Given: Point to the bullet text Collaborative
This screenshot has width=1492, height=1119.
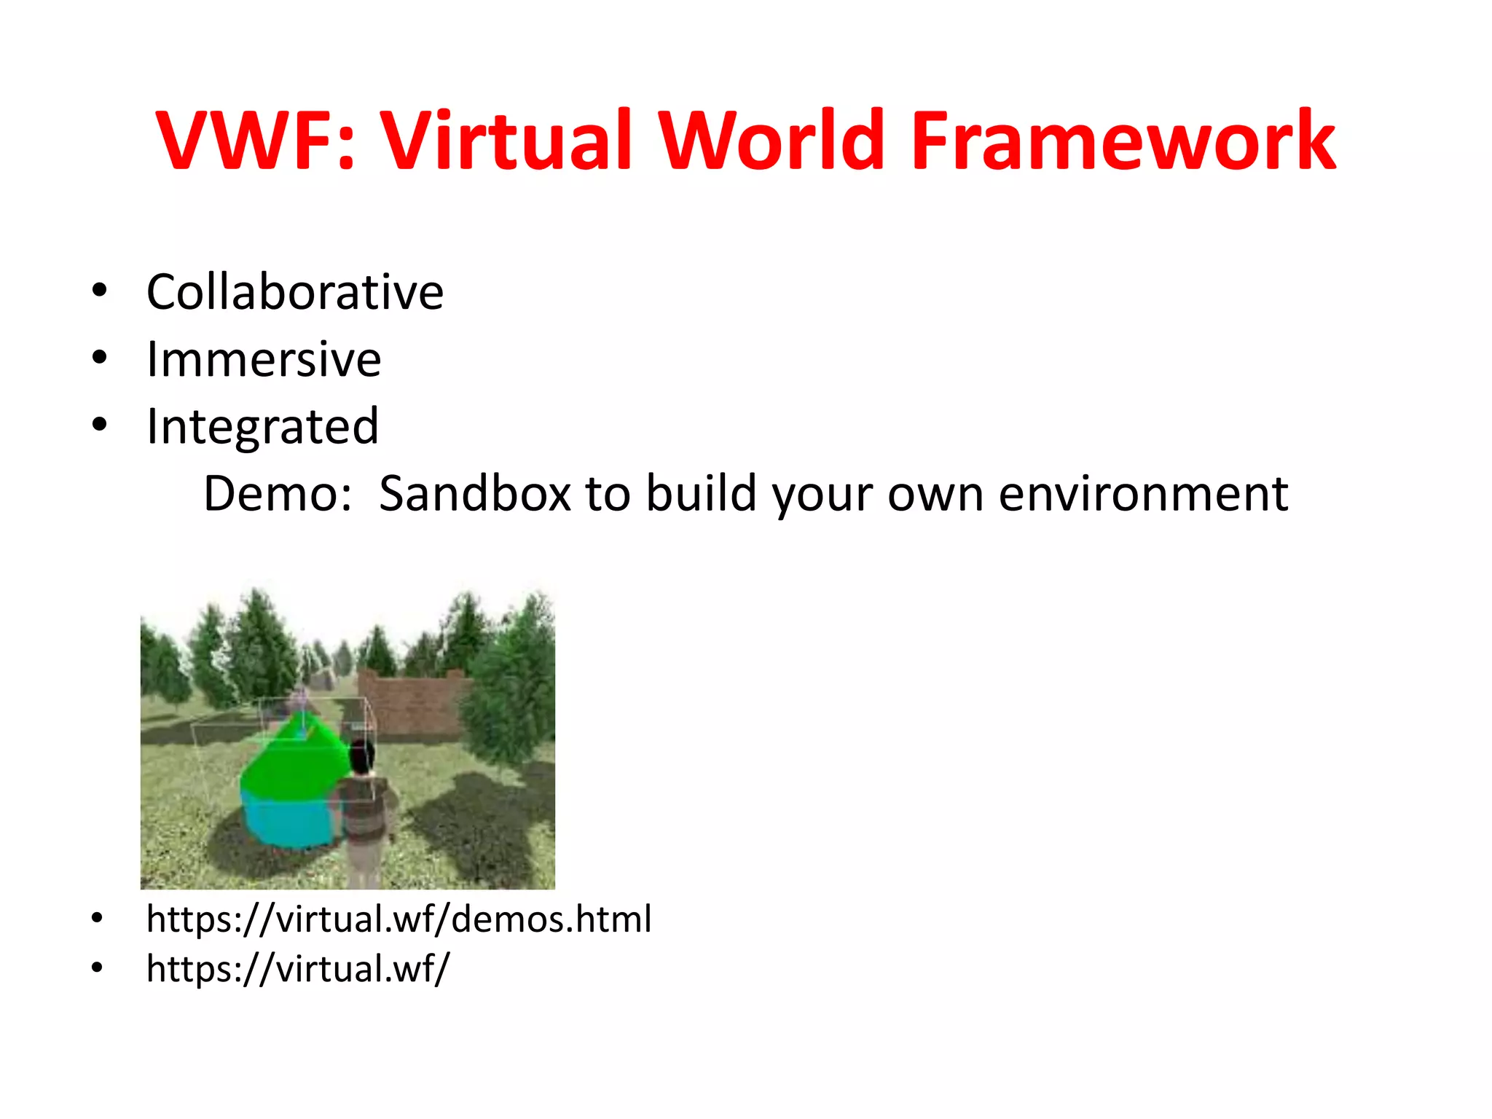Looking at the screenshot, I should [x=295, y=292].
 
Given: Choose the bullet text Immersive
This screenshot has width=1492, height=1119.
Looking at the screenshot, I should [x=264, y=359].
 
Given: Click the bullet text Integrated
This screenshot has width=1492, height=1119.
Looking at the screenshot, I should [x=262, y=426].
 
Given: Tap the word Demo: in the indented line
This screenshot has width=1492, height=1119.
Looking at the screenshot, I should [x=278, y=494].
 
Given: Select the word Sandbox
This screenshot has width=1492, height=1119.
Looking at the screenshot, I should [x=474, y=494].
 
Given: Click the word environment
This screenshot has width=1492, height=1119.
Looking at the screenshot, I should [x=1143, y=494].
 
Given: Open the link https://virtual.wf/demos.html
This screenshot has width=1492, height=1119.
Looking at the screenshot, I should [x=398, y=919].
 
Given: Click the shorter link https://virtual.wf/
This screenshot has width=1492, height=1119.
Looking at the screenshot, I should [x=298, y=969].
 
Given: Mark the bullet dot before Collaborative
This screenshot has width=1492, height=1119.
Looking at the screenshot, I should [x=100, y=291].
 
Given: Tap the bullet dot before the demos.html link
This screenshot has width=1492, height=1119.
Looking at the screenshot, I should [x=98, y=919].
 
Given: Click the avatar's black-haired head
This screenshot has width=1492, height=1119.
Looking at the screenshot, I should [x=361, y=758].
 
